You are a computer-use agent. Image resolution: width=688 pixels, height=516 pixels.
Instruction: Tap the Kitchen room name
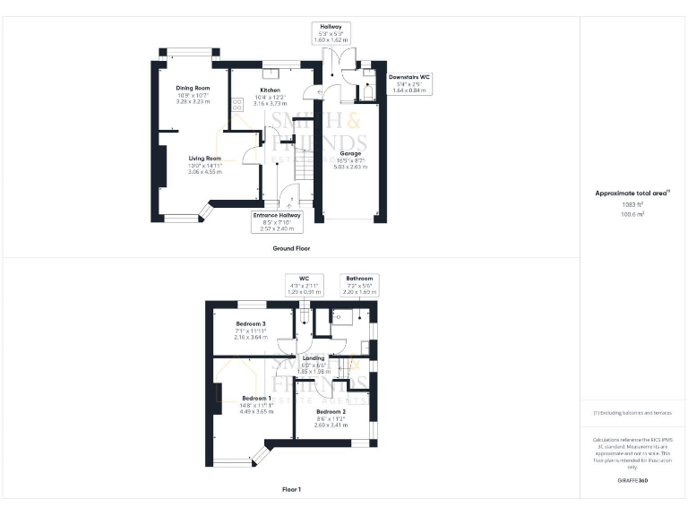pos(271,91)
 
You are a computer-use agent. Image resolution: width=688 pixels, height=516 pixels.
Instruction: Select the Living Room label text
pos(192,159)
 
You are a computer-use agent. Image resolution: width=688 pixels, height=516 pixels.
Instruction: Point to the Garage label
pos(350,153)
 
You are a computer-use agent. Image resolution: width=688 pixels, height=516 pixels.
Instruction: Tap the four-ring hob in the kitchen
pos(238,104)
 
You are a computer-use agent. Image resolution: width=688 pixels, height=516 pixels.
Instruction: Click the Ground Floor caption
pos(291,247)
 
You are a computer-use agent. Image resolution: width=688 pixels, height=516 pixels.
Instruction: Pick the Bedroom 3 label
pos(251,323)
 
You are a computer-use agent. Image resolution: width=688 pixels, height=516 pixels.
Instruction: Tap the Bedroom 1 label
pos(257,398)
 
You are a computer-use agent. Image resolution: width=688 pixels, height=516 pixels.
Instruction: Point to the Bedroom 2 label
pos(331,412)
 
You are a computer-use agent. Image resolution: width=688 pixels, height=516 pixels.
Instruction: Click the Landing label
pos(314,359)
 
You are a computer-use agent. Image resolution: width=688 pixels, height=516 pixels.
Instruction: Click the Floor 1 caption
pos(291,490)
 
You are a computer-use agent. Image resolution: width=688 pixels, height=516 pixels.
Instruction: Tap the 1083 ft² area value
pos(633,204)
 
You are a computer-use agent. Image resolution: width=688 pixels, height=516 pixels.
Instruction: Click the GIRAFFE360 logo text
pos(633,482)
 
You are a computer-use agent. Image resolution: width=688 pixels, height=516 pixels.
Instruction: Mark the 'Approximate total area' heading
pos(632,193)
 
